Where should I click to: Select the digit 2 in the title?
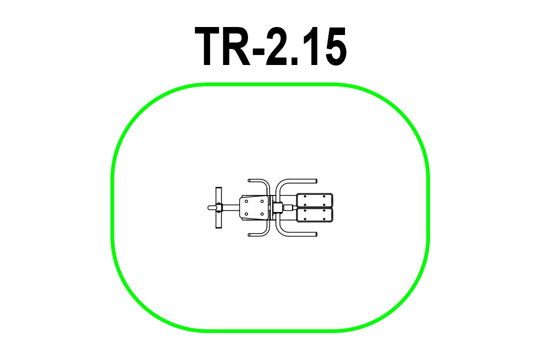click(x=277, y=46)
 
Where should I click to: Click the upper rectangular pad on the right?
click(x=314, y=200)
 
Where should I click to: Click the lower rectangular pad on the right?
click(x=314, y=215)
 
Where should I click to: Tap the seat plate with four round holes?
click(x=254, y=207)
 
